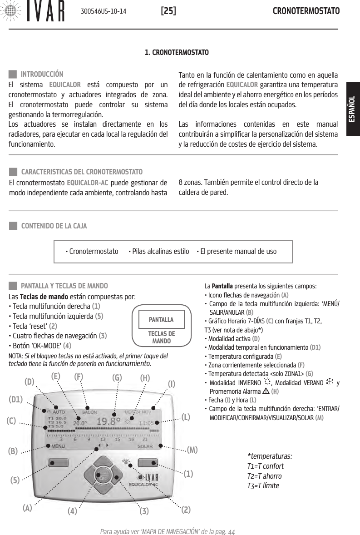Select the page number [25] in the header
tap(168, 10)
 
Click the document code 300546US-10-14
tap(104, 10)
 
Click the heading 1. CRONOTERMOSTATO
tap(177, 53)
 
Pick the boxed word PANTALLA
tap(161, 319)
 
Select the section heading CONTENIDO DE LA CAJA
tap(54, 226)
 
